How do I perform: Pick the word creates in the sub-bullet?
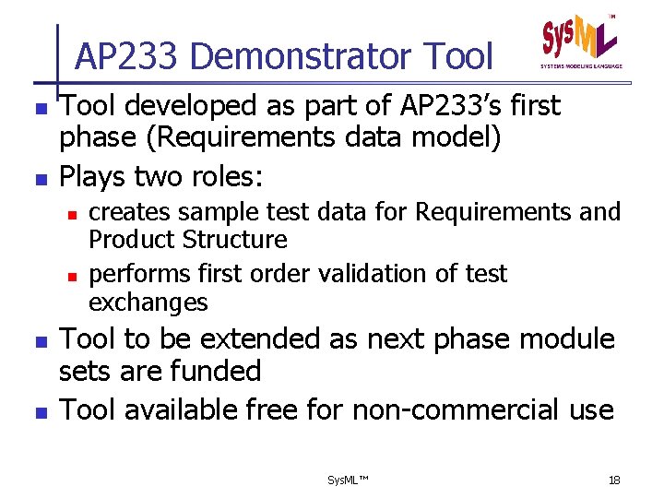[129, 212]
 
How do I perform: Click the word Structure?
[234, 240]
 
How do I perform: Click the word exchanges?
[148, 302]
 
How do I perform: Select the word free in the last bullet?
[264, 409]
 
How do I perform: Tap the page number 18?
[614, 480]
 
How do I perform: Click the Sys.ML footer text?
[348, 480]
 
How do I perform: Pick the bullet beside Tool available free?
[38, 410]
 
